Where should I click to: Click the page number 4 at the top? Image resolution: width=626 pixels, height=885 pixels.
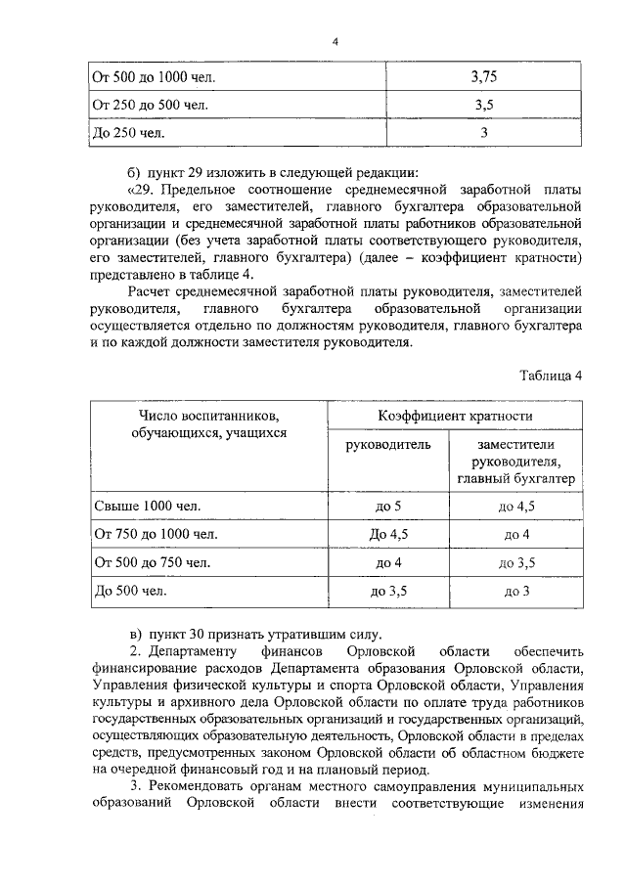click(335, 41)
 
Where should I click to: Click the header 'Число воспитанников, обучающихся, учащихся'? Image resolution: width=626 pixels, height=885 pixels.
click(207, 424)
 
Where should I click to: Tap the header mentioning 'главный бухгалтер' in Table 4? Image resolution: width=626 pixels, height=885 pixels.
click(515, 462)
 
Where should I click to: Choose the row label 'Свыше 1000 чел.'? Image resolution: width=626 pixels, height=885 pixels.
click(145, 506)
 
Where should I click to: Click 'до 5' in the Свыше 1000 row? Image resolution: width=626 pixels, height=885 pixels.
click(388, 506)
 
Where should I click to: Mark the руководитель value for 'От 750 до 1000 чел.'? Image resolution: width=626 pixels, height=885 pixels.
click(388, 534)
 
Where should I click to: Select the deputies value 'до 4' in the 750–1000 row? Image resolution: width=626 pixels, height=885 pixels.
click(516, 534)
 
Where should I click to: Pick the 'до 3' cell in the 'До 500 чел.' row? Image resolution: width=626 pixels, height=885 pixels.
click(516, 592)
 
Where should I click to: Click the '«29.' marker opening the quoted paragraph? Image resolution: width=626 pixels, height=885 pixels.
click(142, 186)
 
